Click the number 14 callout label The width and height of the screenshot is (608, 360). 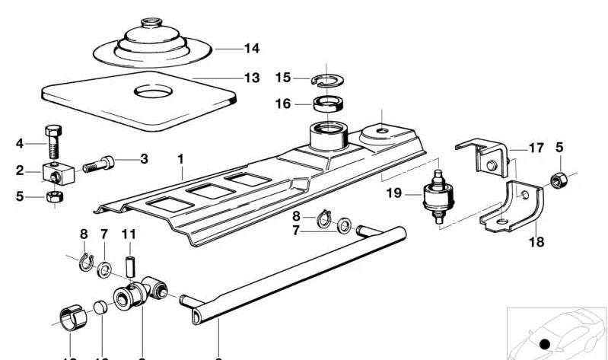(x=251, y=49)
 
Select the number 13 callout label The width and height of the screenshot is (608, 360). (x=251, y=78)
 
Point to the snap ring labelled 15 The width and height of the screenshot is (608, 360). (x=325, y=78)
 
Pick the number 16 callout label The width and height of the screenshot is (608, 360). (x=283, y=104)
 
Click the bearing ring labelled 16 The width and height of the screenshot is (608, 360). (x=327, y=103)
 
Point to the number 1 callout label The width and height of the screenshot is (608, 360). (x=180, y=160)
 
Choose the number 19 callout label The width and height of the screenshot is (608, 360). (x=393, y=193)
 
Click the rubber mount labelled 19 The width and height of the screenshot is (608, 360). (x=437, y=197)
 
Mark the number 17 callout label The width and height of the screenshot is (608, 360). (x=536, y=148)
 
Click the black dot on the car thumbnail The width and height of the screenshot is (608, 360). (x=544, y=345)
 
